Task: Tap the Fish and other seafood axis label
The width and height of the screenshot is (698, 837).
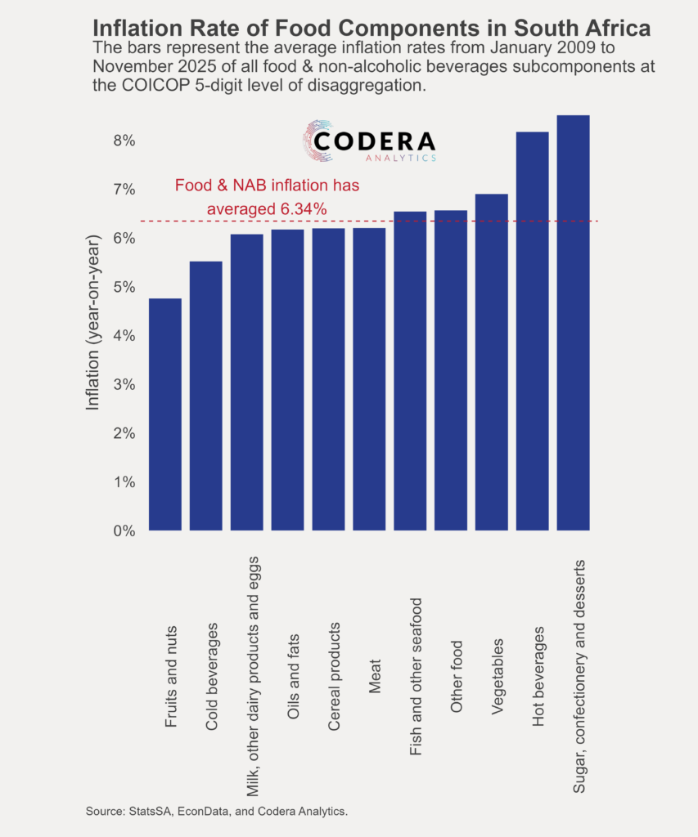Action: click(417, 665)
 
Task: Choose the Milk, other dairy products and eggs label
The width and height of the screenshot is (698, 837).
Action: click(253, 672)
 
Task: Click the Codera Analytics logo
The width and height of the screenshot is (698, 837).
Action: click(368, 141)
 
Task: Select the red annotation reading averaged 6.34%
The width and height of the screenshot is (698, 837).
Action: click(268, 209)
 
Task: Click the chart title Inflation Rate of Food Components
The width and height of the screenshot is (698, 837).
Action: click(372, 27)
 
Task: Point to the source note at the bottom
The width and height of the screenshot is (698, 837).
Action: click(217, 811)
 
